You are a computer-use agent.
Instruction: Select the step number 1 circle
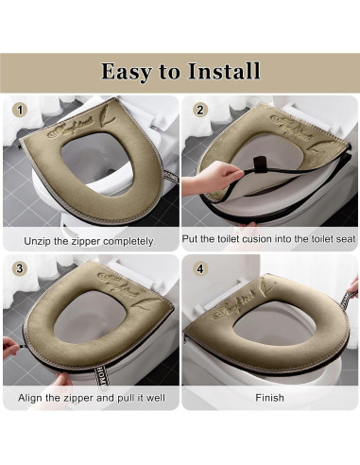[17, 110]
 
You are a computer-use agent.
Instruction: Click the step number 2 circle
[199, 110]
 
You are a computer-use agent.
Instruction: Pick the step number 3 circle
[17, 268]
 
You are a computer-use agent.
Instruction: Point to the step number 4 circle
[199, 268]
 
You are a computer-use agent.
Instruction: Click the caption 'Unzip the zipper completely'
[90, 242]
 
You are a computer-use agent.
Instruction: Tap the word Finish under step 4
[269, 398]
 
